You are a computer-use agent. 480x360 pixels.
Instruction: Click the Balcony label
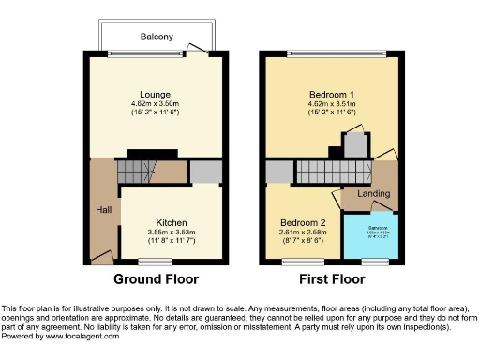coord(157,37)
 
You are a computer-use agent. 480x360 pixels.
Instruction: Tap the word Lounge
coord(155,94)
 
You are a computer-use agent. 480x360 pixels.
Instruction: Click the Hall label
coord(103,209)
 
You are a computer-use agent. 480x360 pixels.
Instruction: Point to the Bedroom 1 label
coord(332,95)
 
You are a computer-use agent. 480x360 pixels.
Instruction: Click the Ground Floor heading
coord(156,279)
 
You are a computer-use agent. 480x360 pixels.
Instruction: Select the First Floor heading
coord(332,279)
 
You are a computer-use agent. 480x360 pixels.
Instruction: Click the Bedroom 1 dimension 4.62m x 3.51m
coord(332,105)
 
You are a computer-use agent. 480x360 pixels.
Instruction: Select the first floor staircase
coord(319,172)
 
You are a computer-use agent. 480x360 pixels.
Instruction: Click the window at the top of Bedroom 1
coord(332,52)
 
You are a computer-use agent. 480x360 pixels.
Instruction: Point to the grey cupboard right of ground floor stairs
coord(203,172)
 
